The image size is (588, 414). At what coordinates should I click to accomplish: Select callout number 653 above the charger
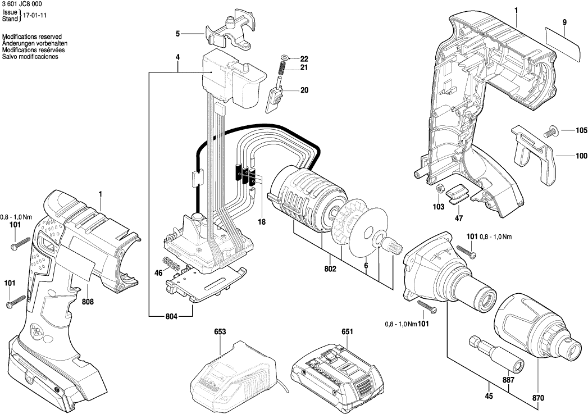coord(220,332)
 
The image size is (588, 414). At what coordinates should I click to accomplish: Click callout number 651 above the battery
coord(347,332)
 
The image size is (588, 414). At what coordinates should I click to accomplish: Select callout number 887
coord(508,380)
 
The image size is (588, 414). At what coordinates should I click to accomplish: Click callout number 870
coord(538,398)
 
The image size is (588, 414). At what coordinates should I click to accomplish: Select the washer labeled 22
coord(284,58)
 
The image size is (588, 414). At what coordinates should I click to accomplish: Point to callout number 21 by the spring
coord(304,68)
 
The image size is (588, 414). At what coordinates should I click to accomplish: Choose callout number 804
coord(171,317)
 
